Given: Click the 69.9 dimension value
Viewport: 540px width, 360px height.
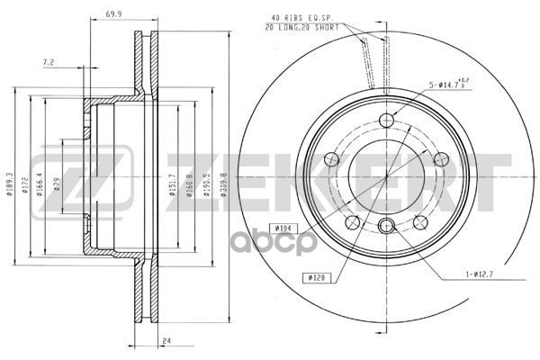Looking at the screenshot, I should click(x=113, y=15).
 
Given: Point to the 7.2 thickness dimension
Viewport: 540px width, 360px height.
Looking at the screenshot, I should click(x=50, y=63).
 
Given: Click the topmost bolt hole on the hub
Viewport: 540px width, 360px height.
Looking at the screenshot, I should click(x=387, y=121).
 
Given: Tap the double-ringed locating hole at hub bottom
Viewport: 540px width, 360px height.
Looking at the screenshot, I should click(x=387, y=226).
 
